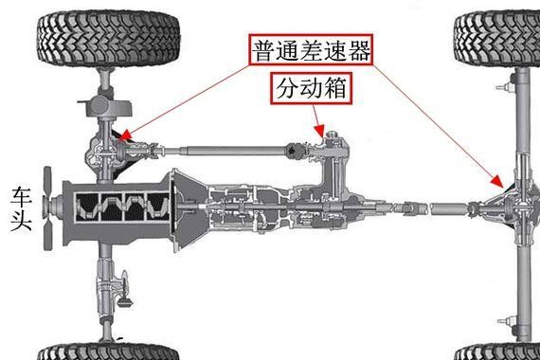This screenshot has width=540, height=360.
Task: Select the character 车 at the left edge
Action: click(22, 196)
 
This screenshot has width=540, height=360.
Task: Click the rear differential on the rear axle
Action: click(517, 203)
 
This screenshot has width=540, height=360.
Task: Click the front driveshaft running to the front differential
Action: click(218, 149)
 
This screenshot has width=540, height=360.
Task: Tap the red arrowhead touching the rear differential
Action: click(496, 182)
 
